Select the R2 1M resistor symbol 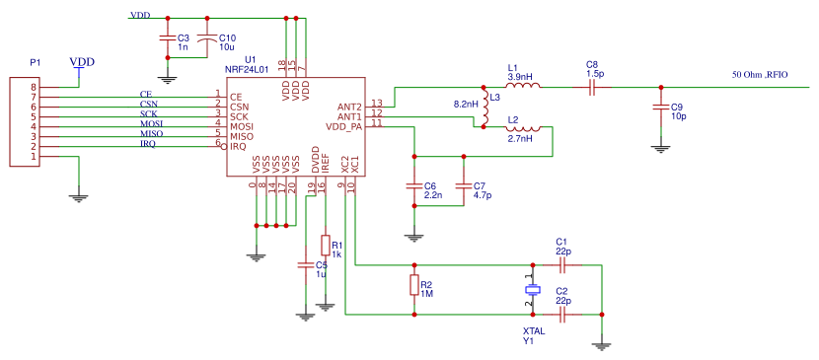[x=413, y=286]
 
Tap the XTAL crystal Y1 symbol [x=533, y=290]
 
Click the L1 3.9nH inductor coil [x=522, y=87]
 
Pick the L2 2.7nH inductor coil [x=522, y=128]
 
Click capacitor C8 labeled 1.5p [x=592, y=87]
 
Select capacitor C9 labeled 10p [x=660, y=107]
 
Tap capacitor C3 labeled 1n [x=168, y=38]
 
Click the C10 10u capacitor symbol [x=207, y=38]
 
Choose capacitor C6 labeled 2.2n [x=413, y=185]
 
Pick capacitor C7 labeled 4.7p [x=463, y=185]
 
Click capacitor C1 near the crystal [x=562, y=264]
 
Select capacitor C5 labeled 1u [x=304, y=265]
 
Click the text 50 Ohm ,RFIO [x=760, y=74]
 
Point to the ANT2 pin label [x=349, y=107]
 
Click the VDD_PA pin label [x=343, y=126]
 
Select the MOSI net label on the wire [x=151, y=123]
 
